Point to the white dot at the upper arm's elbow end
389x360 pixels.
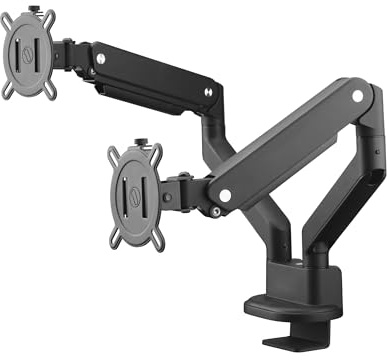pyautogui.click(x=208, y=92)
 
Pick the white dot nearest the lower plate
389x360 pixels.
pyautogui.click(x=226, y=193)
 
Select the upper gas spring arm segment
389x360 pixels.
pyautogui.click(x=155, y=74)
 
